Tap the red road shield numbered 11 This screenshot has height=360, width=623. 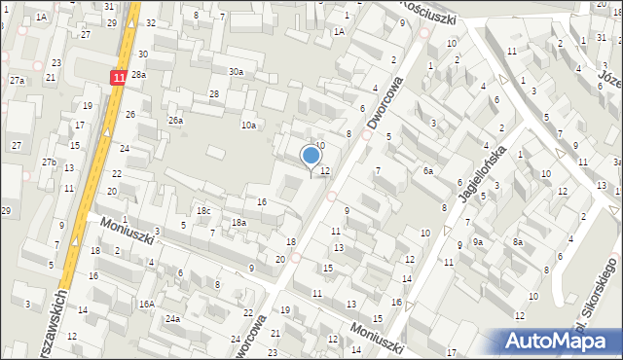[119, 76]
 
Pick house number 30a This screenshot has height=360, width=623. [236, 71]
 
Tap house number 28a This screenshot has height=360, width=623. [139, 74]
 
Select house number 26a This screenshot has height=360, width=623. [175, 120]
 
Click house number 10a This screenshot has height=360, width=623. [249, 125]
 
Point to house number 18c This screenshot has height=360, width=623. [202, 210]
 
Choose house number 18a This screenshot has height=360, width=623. [238, 223]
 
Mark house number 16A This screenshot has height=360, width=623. [146, 304]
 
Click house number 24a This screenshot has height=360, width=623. [172, 318]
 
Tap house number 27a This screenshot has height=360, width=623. [18, 81]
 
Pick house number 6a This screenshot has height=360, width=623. [426, 170]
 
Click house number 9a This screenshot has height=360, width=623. [478, 241]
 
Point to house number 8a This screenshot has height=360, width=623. [519, 241]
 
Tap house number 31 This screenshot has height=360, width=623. [108, 6]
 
